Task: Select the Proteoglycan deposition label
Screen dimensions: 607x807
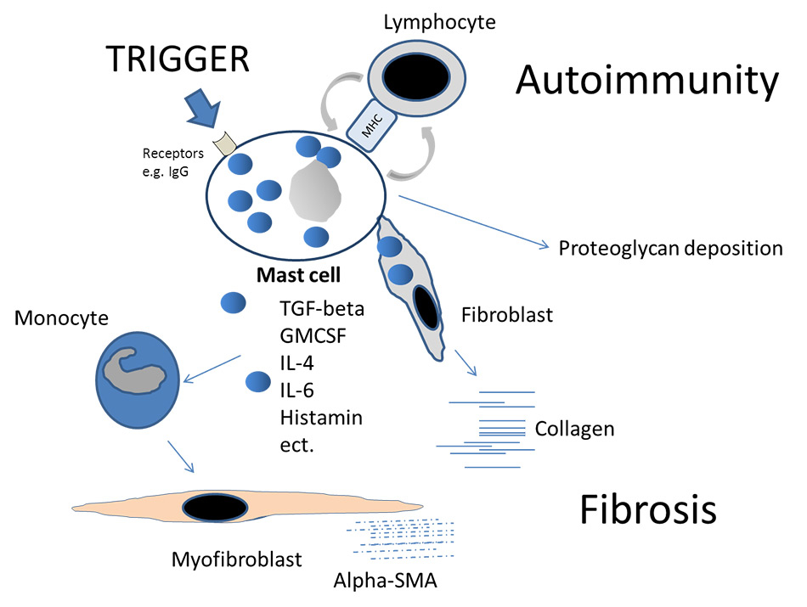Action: (x=670, y=249)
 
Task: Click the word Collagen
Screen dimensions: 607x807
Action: (x=574, y=429)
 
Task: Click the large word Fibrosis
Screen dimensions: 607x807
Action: (x=648, y=509)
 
